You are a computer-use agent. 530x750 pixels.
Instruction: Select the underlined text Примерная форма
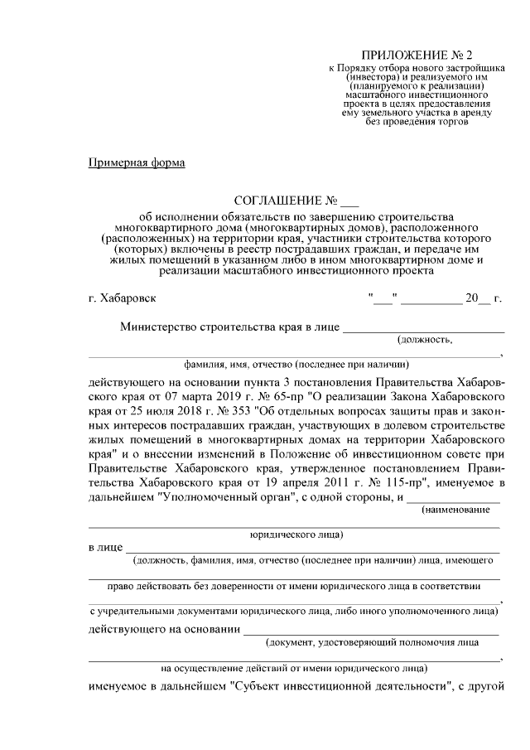coord(137,162)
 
